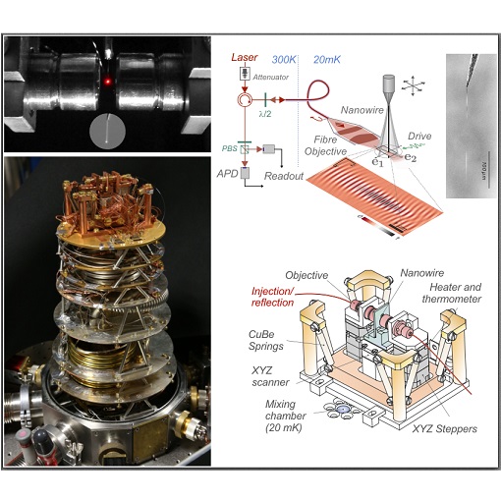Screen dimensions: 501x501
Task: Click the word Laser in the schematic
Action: point(245,58)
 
